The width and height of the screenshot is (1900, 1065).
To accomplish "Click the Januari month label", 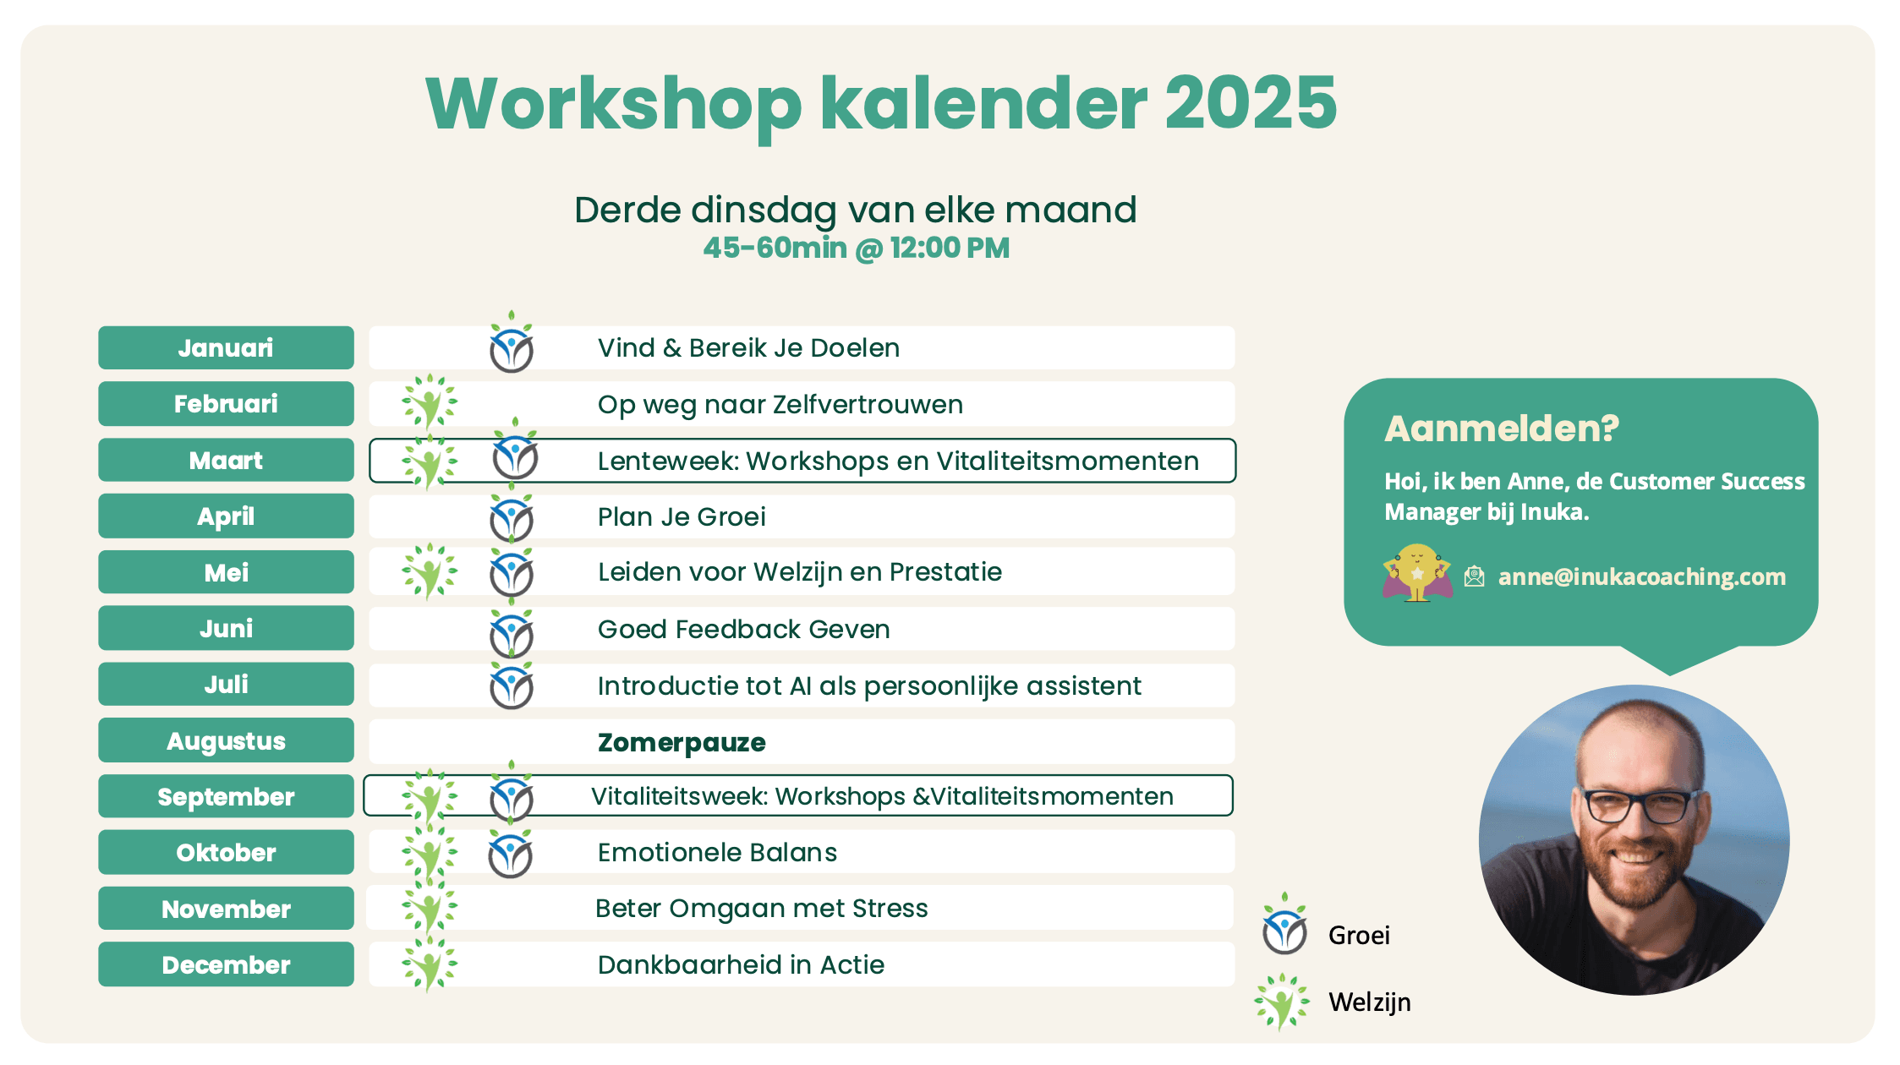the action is (226, 347).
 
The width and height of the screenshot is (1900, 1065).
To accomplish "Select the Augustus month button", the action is (226, 740).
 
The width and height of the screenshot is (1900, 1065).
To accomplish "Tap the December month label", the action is (226, 964).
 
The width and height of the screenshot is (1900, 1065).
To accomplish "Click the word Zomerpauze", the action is (682, 742).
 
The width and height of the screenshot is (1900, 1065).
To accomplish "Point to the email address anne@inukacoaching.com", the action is (1642, 576).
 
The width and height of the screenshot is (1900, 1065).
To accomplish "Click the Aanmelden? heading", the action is (1502, 429).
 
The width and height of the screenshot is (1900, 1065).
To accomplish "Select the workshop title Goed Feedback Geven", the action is (743, 629).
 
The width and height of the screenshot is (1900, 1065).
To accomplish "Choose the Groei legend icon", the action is (1284, 924).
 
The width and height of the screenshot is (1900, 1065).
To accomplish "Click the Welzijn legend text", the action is (1370, 1002).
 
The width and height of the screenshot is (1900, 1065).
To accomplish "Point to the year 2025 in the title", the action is (1251, 103).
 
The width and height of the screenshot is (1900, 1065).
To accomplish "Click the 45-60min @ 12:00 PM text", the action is (857, 248).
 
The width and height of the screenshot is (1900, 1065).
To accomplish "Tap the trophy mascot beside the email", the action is (1417, 572).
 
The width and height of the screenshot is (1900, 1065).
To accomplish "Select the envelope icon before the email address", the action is (1475, 576).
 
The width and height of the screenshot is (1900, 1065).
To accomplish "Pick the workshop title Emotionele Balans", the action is (717, 852).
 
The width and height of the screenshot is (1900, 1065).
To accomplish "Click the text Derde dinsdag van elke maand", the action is (856, 210).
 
